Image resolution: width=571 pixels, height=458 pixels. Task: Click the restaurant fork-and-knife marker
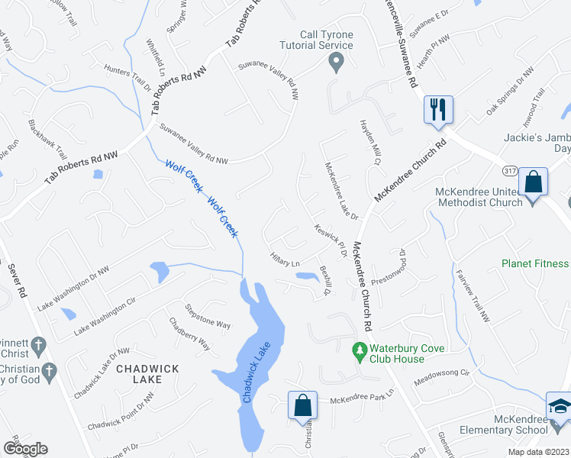(438, 109)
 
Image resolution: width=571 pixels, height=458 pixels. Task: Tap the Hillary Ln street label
(284, 260)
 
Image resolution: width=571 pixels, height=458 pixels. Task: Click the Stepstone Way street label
(208, 318)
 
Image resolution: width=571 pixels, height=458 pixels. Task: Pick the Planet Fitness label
(534, 263)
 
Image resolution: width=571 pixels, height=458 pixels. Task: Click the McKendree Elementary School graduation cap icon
(559, 405)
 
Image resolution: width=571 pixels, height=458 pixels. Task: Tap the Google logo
(24, 449)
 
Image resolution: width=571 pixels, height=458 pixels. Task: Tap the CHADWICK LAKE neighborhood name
(148, 375)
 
